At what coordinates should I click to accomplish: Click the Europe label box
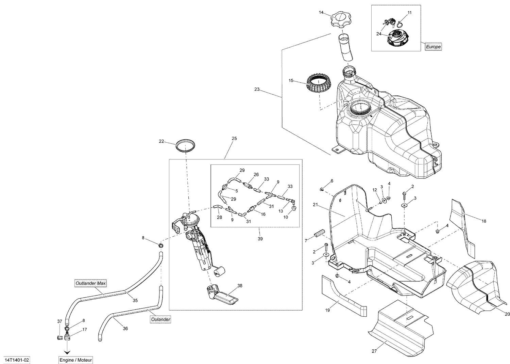point(433,47)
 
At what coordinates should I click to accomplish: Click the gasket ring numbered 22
point(186,145)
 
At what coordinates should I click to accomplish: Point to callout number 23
point(257,90)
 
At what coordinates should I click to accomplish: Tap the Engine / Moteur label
point(75,360)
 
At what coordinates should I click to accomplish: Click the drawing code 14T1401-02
point(18,360)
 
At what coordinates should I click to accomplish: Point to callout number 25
point(234,139)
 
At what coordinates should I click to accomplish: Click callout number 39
point(260,239)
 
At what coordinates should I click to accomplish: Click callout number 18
point(484,221)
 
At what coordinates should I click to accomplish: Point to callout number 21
point(315,205)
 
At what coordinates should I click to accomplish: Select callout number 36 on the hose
point(125,328)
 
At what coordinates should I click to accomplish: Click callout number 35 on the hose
point(135,300)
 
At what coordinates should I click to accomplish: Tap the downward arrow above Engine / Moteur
point(67,351)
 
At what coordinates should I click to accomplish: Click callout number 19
point(328,310)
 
